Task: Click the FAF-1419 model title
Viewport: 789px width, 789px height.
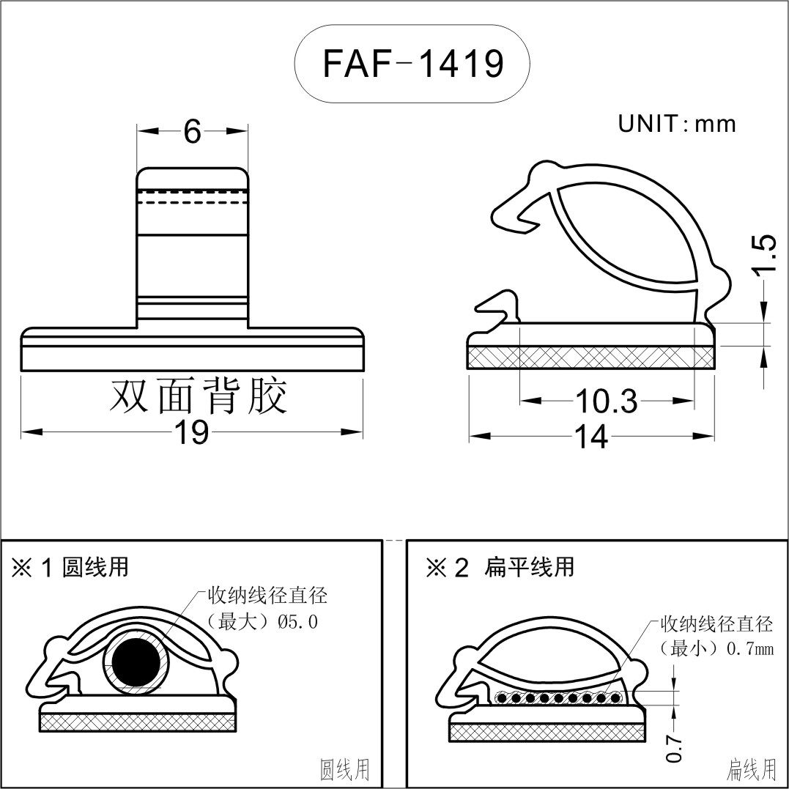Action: pos(412,64)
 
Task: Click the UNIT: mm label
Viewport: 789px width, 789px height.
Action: pos(676,124)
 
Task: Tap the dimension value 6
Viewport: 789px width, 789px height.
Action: pos(192,132)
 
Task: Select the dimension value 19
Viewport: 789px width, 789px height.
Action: pos(191,433)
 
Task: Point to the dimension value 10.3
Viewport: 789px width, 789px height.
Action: pos(606,401)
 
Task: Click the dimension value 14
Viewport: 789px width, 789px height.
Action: pos(590,437)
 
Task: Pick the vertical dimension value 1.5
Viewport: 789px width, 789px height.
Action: pos(763,254)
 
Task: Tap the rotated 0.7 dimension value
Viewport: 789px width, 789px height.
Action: pos(675,748)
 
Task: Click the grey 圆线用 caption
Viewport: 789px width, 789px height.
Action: pos(345,770)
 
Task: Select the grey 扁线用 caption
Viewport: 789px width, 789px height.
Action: pos(751,770)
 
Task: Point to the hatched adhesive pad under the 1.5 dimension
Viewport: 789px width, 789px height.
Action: pos(590,358)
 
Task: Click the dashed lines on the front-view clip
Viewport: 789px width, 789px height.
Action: pos(193,196)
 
